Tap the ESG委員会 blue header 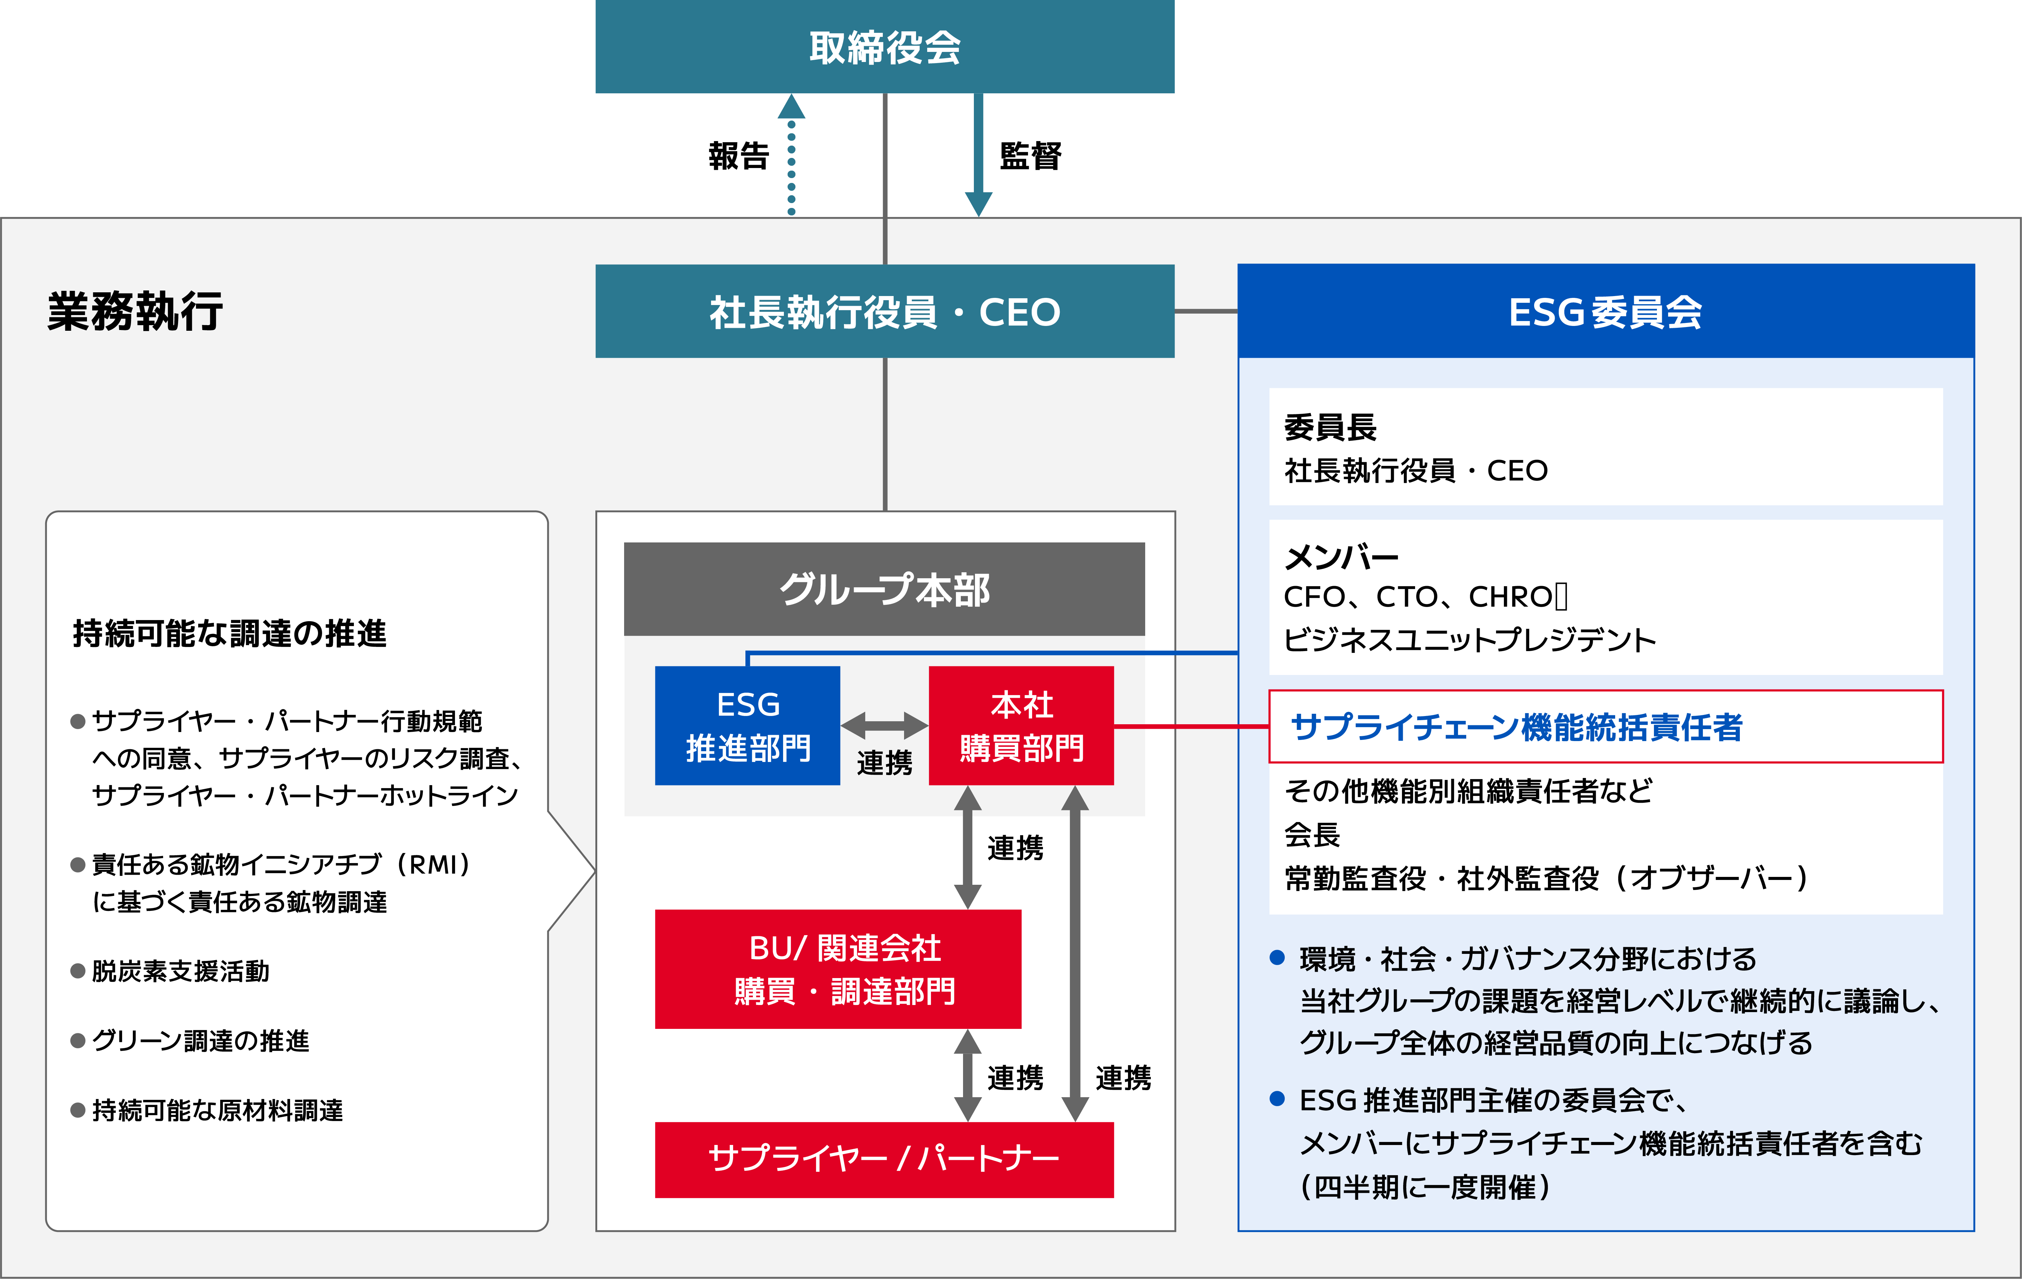pos(1605,312)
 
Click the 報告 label pos(738,156)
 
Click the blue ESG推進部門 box pos(747,726)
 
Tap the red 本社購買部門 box pos(1021,726)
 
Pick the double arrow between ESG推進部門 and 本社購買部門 pos(884,725)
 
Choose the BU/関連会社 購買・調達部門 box pos(838,969)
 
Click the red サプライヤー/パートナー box pos(884,1159)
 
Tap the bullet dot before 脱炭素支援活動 pos(78,972)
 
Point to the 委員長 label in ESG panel pos(1330,427)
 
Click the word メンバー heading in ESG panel pos(1341,556)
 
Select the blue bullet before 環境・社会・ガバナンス pos(1277,957)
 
